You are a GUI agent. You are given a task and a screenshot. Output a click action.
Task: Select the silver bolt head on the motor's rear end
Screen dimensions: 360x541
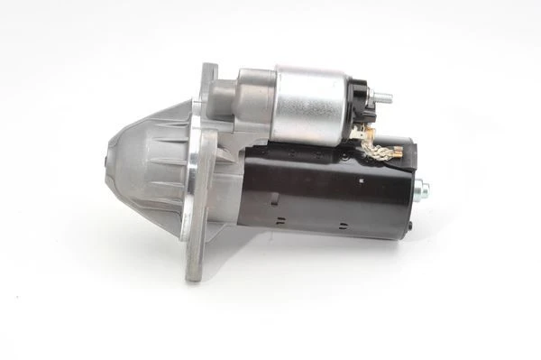point(421,190)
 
